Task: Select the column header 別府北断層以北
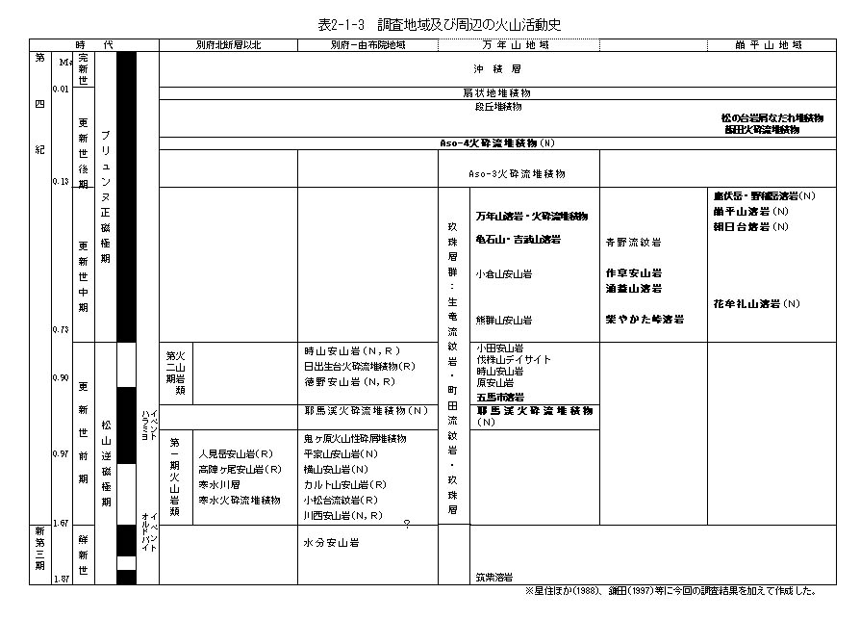(x=228, y=44)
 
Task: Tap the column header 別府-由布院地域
(x=367, y=44)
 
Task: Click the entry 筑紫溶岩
(x=494, y=578)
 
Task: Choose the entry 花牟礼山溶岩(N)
(x=756, y=304)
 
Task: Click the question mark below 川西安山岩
(x=407, y=525)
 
